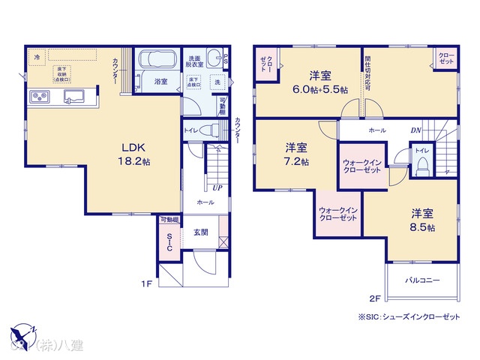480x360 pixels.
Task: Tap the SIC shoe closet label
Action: (169, 241)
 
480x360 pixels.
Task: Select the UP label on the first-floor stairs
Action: (217, 187)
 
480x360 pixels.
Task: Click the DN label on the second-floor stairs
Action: (415, 130)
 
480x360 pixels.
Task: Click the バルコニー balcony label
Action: (423, 280)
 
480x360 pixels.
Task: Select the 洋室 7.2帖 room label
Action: (295, 155)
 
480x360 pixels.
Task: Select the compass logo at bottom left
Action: (22, 336)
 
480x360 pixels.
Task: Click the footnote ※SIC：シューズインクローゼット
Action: (409, 317)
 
